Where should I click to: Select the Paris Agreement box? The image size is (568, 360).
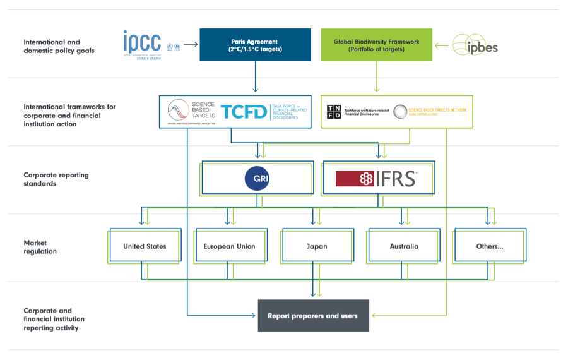pos(255,45)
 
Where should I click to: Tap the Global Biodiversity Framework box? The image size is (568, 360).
pos(376,45)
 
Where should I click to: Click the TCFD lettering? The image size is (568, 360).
pos(244,112)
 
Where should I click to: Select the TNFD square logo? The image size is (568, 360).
pos(334,112)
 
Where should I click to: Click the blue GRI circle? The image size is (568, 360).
pos(257,179)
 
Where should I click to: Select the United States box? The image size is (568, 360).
pos(145,246)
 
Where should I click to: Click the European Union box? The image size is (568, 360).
pos(229,246)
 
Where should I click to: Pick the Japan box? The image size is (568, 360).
pos(316,246)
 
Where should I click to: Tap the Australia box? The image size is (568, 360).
pos(403,246)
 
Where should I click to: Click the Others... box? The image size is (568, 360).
pos(489,246)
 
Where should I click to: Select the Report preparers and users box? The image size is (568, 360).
pos(312,316)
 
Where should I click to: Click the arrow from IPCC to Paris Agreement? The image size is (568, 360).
pos(191,44)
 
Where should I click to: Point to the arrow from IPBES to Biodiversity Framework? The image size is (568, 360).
pos(442,45)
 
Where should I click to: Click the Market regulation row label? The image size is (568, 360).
pos(40,247)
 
